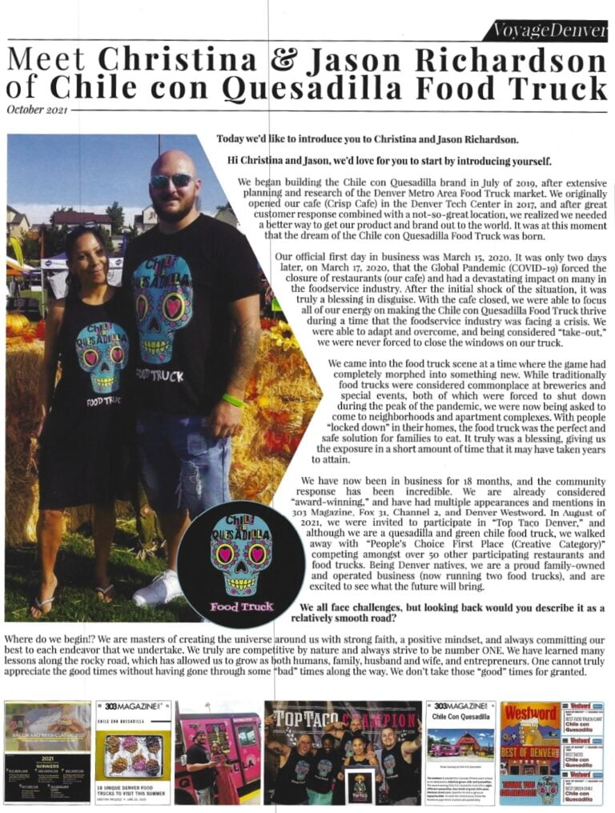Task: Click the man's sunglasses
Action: pyautogui.click(x=171, y=182)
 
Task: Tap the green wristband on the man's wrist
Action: pyautogui.click(x=232, y=400)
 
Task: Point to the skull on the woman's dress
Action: pyautogui.click(x=102, y=354)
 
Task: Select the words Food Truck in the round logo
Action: pyautogui.click(x=242, y=606)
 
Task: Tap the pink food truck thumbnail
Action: pyautogui.click(x=218, y=752)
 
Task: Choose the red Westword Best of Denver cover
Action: pyautogui.click(x=529, y=752)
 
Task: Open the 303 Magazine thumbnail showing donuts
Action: pyautogui.click(x=133, y=752)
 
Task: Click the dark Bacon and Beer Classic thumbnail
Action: pyautogui.click(x=47, y=752)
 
